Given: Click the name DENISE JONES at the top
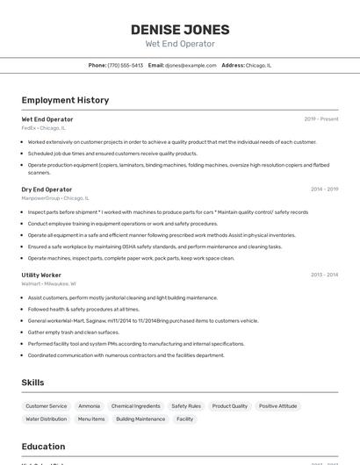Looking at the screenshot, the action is click(179, 29).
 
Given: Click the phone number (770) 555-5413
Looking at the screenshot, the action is click(125, 65).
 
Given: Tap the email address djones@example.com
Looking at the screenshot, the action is click(191, 65).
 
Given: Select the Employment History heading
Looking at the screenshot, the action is click(65, 100).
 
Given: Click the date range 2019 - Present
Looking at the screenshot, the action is click(321, 119).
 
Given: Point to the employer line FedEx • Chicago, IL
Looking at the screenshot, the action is click(43, 128).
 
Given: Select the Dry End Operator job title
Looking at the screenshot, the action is click(47, 190).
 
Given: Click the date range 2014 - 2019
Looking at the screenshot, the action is click(324, 190).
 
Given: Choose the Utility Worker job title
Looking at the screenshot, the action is click(41, 275).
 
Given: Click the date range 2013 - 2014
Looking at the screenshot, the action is click(324, 275).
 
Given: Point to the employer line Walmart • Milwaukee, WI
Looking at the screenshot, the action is click(48, 283).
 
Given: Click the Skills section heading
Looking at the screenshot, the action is click(32, 383).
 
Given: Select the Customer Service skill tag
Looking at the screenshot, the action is click(47, 406).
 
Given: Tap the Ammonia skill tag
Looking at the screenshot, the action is click(89, 406).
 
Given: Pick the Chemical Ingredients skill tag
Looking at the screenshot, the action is click(136, 406).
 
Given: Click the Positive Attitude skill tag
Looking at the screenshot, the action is click(277, 406).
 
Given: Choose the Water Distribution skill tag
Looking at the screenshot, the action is click(46, 419).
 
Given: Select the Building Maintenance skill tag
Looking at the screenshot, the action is click(140, 419).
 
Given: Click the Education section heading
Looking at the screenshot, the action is click(43, 446).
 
